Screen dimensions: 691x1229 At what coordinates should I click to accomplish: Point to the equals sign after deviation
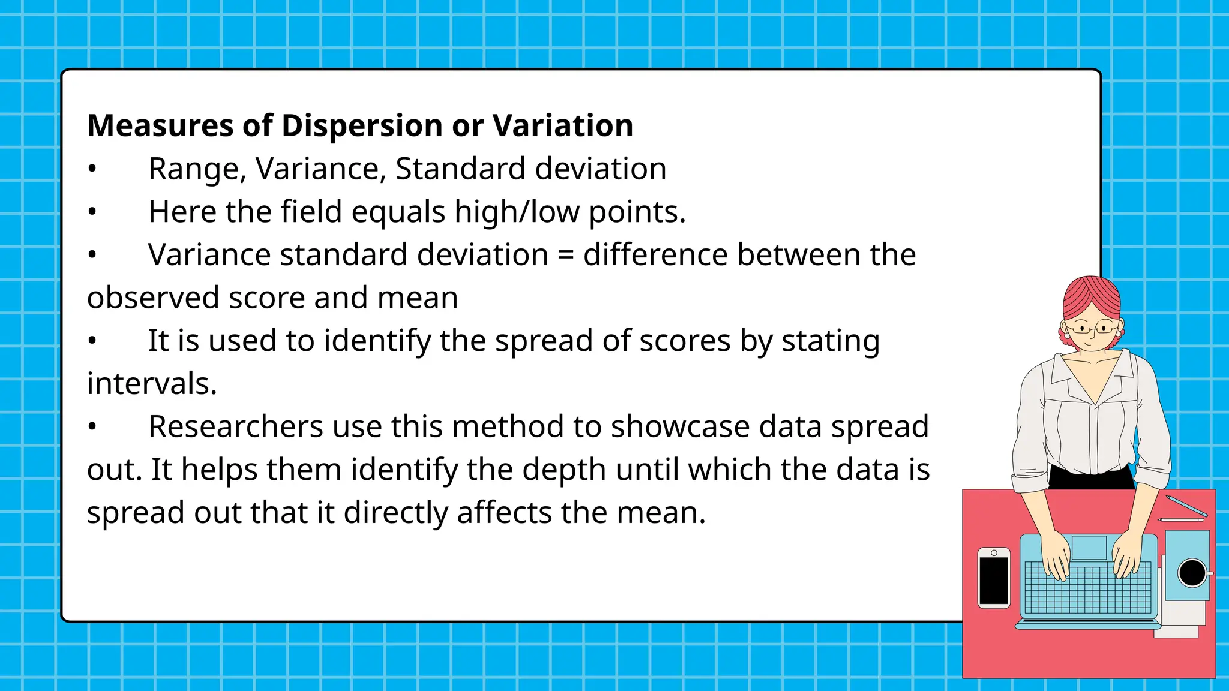click(565, 256)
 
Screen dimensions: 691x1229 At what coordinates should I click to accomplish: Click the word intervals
click(151, 384)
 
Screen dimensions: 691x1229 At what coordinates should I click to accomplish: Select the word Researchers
click(236, 427)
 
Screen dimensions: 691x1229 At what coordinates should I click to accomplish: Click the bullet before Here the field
click(92, 212)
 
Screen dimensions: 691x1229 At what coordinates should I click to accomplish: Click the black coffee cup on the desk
click(1192, 573)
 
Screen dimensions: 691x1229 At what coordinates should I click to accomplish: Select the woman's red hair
click(1091, 297)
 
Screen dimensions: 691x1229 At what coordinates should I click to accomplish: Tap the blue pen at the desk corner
click(1187, 506)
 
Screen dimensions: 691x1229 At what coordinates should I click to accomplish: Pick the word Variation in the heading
click(562, 126)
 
